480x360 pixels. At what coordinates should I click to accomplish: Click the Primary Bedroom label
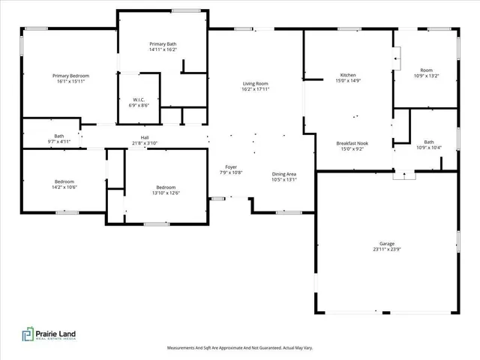(71, 76)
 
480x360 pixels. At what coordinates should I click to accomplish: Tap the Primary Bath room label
(163, 44)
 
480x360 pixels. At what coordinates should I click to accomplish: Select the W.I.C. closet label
(139, 100)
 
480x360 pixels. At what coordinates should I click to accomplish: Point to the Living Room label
(255, 83)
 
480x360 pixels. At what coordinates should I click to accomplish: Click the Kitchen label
(348, 76)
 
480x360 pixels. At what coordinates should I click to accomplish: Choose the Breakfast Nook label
(352, 142)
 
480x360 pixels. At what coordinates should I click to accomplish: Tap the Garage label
(386, 244)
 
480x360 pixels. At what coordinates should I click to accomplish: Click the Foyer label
(232, 167)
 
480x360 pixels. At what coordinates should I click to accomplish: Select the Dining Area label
(284, 174)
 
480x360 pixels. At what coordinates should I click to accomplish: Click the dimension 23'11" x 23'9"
(386, 249)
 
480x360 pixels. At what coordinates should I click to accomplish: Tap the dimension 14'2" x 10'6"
(64, 187)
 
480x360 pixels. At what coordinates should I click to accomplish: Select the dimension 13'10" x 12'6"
(166, 193)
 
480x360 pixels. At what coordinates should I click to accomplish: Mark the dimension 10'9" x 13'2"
(427, 76)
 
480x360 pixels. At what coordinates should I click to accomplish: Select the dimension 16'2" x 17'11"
(255, 89)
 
